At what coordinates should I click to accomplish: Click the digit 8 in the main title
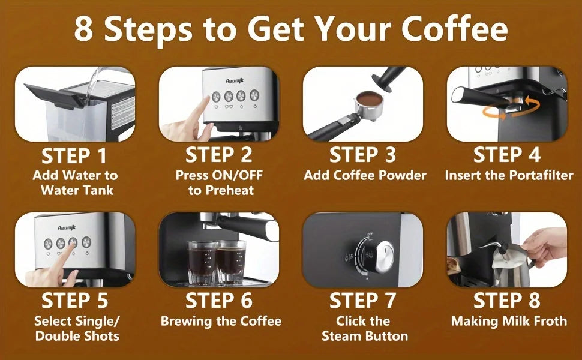click(83, 29)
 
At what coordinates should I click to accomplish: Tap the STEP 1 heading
click(74, 156)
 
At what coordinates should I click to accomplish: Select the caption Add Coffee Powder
click(365, 176)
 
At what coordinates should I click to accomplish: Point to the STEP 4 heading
click(507, 155)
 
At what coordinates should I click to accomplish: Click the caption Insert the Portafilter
click(508, 176)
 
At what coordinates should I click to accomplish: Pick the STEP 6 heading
click(219, 301)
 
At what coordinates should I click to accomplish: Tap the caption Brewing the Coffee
click(221, 321)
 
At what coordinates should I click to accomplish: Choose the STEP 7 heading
click(363, 301)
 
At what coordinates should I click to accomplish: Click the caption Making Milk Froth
click(509, 321)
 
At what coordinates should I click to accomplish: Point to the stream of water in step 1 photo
click(90, 90)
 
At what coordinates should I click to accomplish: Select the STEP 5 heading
click(74, 301)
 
